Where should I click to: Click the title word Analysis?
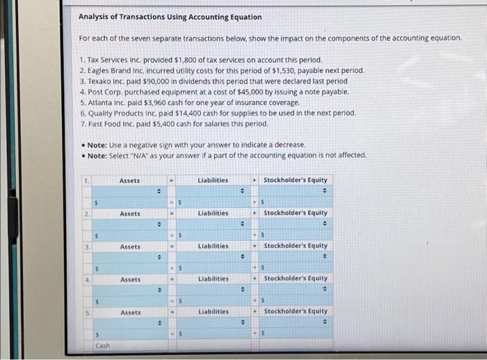[95, 17]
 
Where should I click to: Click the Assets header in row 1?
[129, 180]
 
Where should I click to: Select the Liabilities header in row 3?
[213, 246]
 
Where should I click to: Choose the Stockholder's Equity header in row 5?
[295, 311]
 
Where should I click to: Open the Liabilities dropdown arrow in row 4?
[242, 289]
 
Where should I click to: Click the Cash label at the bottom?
[102, 345]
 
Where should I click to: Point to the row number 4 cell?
[86, 279]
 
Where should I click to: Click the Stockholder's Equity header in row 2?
[295, 213]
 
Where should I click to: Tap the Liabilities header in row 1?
[213, 180]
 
